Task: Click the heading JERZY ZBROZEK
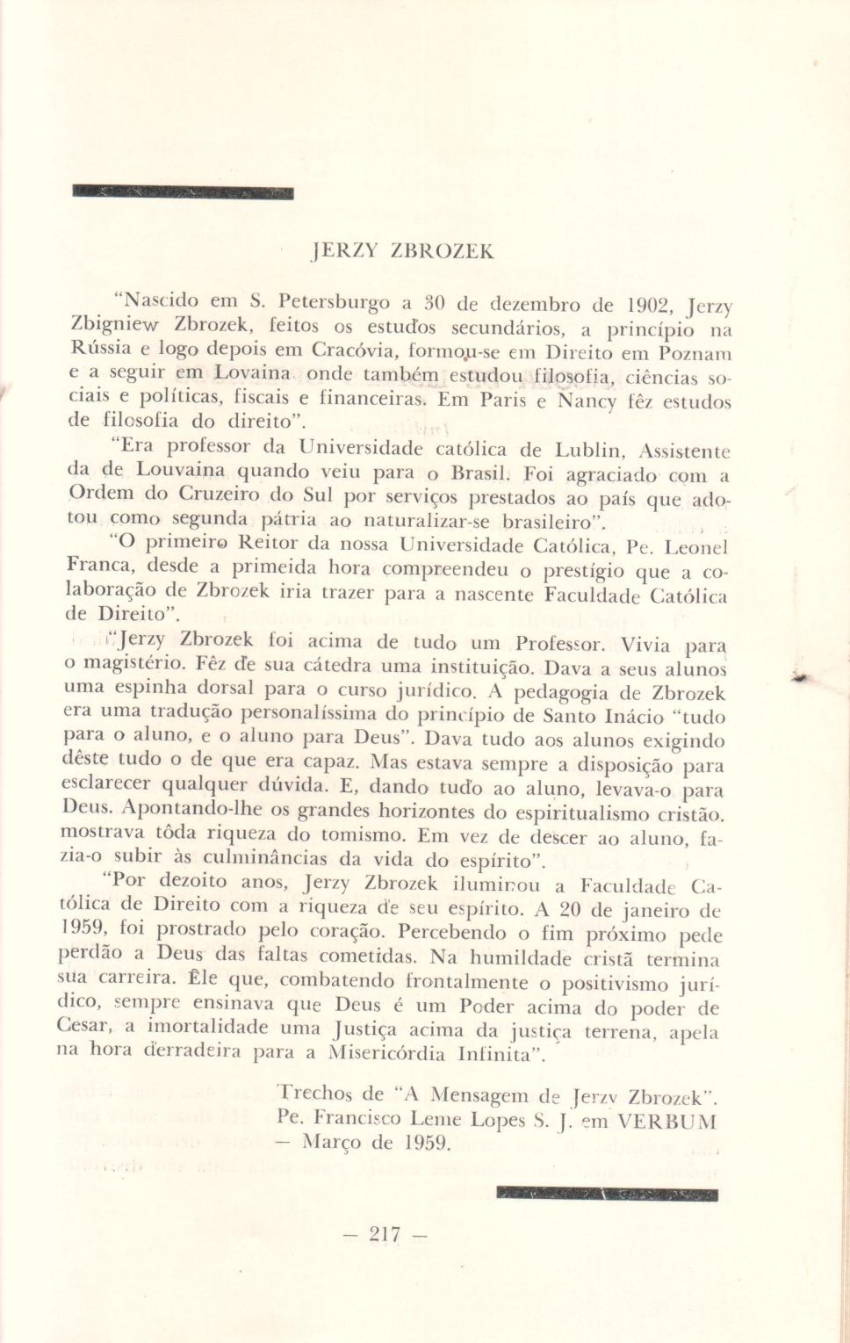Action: coord(403,251)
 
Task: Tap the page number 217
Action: coord(385,1234)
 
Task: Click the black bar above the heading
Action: coord(183,191)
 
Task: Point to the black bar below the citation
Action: coord(607,1194)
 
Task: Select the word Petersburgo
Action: coord(335,303)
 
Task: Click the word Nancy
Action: coord(587,401)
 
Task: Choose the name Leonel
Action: coord(696,547)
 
